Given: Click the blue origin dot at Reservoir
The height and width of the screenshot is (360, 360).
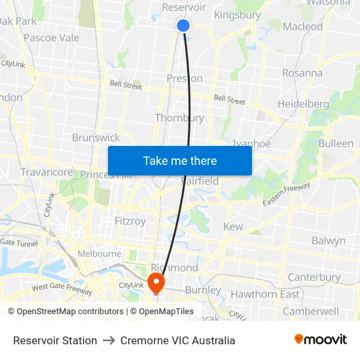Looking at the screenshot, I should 183,26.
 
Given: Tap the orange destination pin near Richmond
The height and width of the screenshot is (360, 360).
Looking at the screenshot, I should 156,283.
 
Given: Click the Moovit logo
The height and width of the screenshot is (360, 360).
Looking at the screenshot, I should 320,340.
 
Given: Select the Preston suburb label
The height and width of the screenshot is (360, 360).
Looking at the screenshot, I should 185,79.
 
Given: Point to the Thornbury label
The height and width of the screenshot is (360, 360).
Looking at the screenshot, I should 179,118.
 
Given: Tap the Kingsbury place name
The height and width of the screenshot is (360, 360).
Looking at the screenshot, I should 237,15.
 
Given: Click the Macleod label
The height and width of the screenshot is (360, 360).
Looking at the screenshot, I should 303,27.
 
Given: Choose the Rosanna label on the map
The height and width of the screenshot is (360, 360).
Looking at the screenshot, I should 302,73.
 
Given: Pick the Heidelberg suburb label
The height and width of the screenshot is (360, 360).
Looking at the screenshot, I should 303,104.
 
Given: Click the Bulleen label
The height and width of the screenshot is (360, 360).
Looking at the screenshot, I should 336,143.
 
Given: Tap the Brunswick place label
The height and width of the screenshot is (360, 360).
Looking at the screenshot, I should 96,137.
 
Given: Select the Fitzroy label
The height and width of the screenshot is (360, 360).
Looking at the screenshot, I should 130,221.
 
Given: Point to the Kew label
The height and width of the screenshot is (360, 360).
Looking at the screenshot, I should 233,226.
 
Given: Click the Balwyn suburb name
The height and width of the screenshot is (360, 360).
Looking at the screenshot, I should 328,241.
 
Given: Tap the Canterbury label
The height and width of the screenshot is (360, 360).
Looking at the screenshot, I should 314,277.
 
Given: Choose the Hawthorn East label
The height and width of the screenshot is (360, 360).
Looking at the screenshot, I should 264,295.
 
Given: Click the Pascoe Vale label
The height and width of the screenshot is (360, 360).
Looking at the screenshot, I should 51,38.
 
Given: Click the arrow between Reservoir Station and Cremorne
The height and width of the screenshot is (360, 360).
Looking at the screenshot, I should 109,340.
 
